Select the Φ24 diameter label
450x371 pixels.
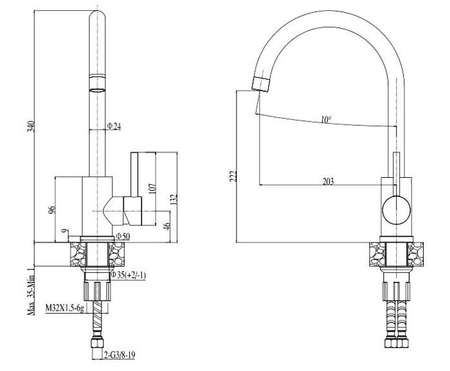(x=114, y=126)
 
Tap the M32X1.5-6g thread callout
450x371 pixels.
(x=64, y=309)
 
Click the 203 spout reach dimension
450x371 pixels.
(x=328, y=182)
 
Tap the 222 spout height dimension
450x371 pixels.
(x=233, y=175)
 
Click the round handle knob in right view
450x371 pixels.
(x=395, y=210)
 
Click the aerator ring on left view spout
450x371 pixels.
(x=96, y=83)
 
